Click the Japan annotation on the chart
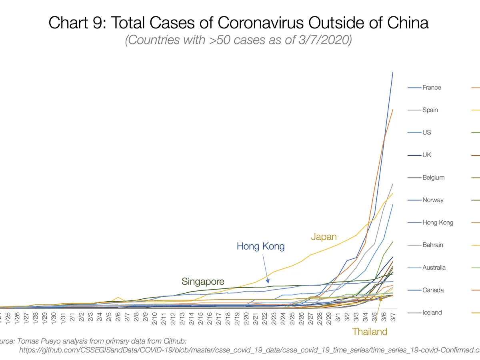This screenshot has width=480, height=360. point(324,237)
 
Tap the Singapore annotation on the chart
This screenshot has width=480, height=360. point(203,281)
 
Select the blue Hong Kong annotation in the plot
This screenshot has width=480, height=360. point(260,246)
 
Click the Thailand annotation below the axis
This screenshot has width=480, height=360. point(370,331)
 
